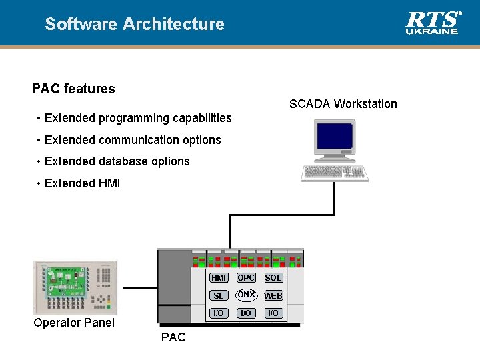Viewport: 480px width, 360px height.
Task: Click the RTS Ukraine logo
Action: [433, 23]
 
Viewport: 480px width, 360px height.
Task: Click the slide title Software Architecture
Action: [135, 25]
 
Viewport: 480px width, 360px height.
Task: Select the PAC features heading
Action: [73, 89]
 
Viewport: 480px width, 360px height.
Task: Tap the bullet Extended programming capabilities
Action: [138, 118]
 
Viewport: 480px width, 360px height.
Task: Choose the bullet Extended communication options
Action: [133, 140]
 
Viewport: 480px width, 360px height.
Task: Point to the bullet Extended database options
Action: [117, 161]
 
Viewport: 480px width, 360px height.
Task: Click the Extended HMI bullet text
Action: [82, 183]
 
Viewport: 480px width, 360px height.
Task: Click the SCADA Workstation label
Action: [343, 104]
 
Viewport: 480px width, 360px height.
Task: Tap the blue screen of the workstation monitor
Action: [335, 136]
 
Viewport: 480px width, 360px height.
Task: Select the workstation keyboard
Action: [335, 173]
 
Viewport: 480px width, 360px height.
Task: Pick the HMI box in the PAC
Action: [218, 278]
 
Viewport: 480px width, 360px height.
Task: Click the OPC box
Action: [246, 278]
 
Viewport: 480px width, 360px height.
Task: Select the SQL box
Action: [273, 278]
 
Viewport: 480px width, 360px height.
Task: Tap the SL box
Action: [218, 296]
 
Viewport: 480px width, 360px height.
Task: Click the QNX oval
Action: [246, 295]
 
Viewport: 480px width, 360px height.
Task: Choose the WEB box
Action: [273, 296]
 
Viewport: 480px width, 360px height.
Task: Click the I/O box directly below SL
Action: [218, 313]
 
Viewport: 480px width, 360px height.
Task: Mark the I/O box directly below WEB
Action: [273, 313]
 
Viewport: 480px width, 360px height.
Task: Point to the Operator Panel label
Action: [74, 323]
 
